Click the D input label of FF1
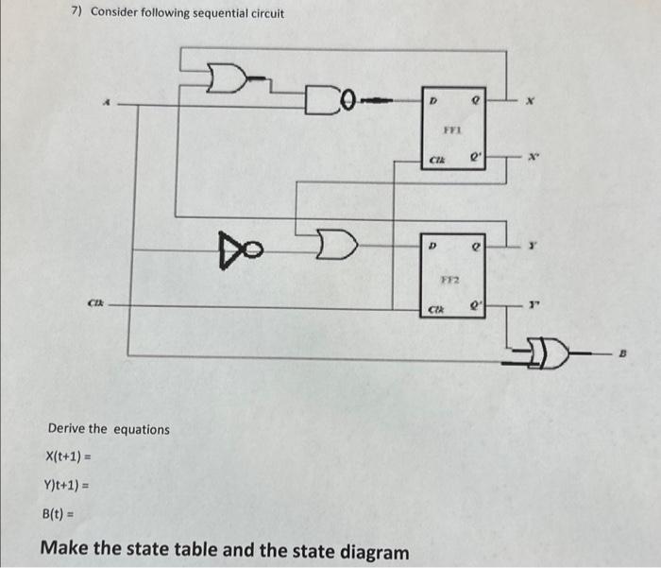click(x=433, y=98)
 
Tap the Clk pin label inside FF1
click(x=437, y=162)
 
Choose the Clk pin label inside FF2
click(x=437, y=308)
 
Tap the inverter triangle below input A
click(x=236, y=248)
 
